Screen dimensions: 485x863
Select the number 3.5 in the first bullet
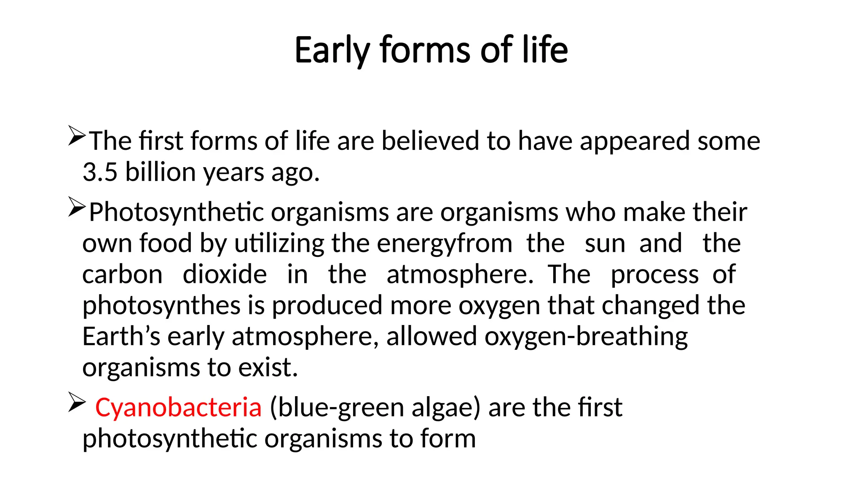coord(100,172)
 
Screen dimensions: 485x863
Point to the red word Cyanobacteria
coord(178,408)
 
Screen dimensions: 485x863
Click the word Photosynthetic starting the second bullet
coord(176,212)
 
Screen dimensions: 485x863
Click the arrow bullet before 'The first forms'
coord(77,136)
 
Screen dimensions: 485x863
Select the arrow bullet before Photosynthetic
coord(77,207)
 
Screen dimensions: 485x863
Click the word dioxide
coord(225,274)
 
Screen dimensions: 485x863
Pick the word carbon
coord(122,274)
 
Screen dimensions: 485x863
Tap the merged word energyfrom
coord(444,243)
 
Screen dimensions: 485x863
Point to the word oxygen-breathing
coord(586,336)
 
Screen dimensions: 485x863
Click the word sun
coord(605,243)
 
